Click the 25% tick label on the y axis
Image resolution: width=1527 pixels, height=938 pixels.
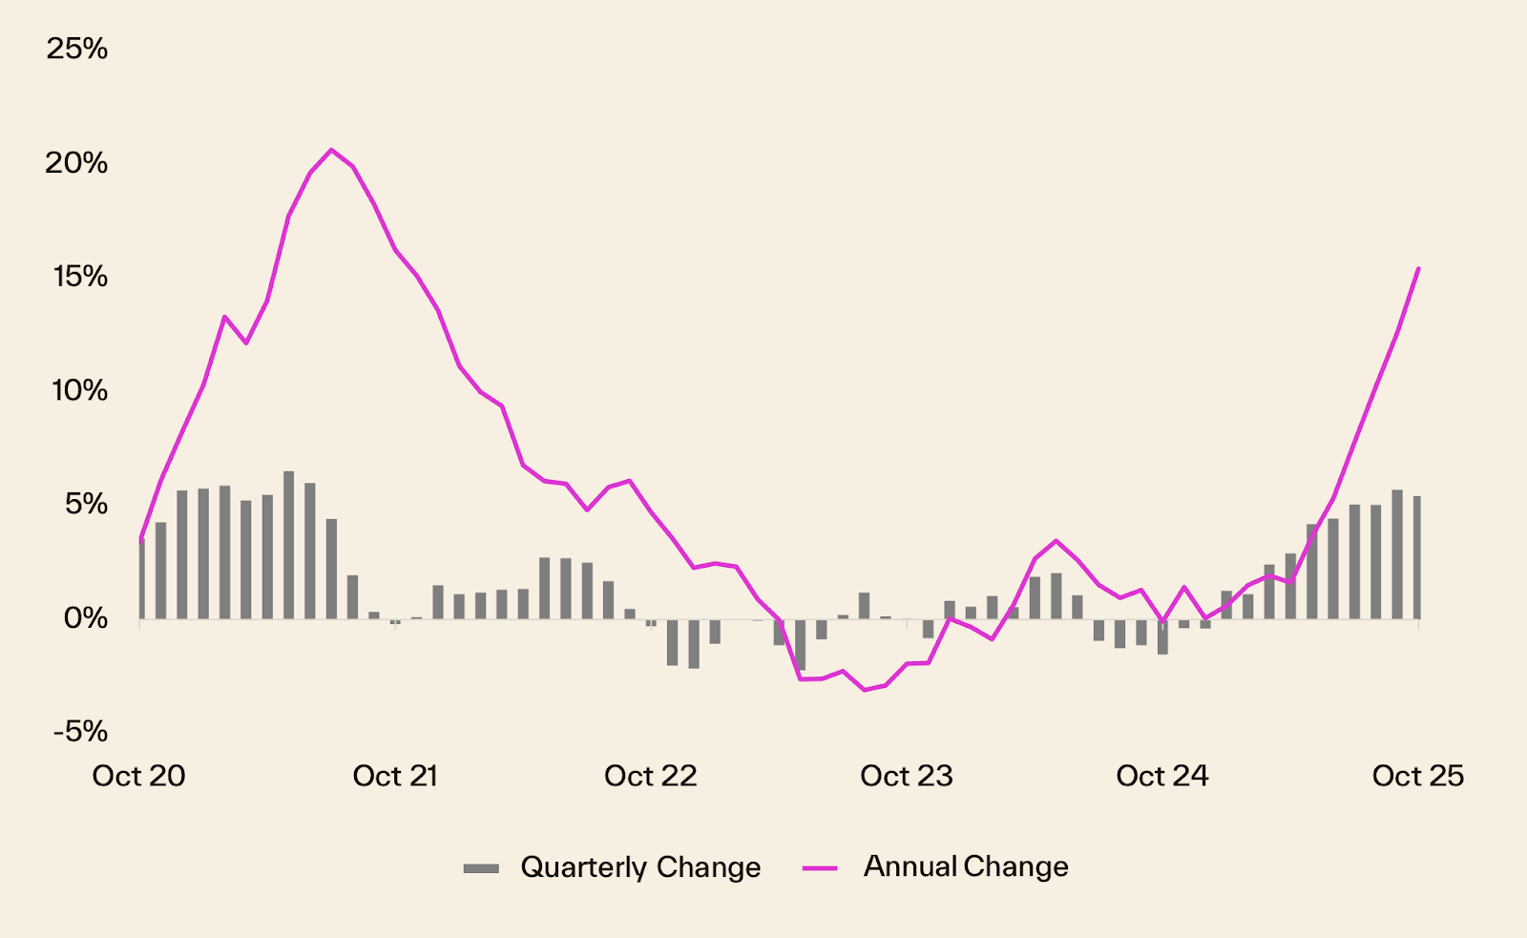77,49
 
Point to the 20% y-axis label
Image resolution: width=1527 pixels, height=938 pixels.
77,163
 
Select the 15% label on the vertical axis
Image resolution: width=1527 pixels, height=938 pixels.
80,277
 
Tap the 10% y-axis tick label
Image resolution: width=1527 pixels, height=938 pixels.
80,390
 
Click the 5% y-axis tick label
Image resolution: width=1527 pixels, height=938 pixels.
86,504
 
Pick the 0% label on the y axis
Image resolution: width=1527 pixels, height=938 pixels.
86,618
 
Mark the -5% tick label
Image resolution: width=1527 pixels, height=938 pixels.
80,732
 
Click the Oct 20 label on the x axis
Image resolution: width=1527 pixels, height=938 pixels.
138,776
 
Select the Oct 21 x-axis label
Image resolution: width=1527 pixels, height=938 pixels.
395,776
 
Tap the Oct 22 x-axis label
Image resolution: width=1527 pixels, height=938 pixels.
651,776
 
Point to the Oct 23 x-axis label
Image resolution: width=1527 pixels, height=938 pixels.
907,776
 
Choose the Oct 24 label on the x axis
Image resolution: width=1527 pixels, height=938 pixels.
1162,776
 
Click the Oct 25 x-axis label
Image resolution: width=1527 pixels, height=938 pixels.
1418,776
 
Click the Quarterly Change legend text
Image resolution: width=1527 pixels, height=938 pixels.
640,867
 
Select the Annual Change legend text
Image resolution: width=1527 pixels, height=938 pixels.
966,866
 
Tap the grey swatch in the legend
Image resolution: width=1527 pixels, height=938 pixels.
481,868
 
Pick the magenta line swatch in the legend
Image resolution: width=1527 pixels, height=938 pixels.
820,868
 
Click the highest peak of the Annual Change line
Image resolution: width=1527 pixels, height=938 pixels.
331,150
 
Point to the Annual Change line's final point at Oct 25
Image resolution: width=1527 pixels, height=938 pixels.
1418,269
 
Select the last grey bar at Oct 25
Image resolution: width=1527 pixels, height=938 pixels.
1417,557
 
